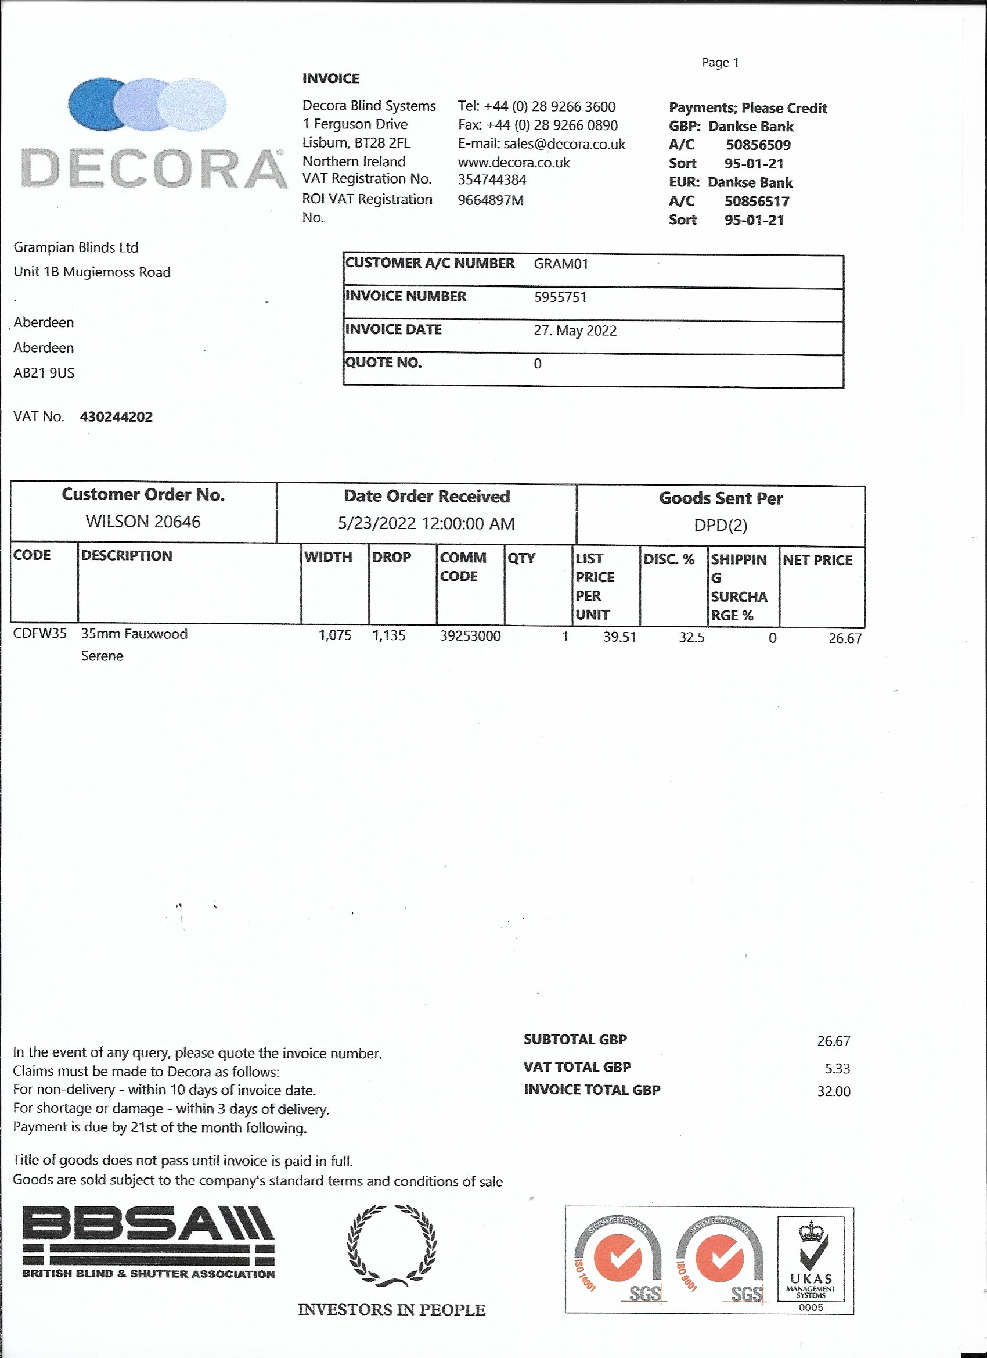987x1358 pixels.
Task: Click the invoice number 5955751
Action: [560, 297]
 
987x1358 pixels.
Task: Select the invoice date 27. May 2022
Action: [575, 330]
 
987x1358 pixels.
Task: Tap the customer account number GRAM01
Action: [561, 264]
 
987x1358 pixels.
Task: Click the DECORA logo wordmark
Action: [154, 169]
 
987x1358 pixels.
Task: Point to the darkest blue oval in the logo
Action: [96, 104]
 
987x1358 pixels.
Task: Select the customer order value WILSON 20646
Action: [143, 522]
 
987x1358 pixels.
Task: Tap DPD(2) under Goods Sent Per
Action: [721, 526]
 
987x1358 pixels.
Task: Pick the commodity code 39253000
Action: [470, 636]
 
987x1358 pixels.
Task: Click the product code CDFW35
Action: [40, 634]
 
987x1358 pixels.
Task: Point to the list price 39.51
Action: [619, 637]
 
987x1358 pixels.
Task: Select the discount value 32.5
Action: [691, 638]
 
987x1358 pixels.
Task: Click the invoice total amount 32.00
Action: [833, 1091]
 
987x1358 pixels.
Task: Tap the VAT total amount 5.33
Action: [837, 1069]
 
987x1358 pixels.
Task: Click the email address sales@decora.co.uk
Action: [564, 144]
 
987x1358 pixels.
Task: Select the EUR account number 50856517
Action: [757, 202]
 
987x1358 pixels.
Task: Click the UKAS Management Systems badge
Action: [811, 1258]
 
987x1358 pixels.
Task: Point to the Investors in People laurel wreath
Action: [391, 1246]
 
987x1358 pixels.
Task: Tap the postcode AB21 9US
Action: [44, 373]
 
